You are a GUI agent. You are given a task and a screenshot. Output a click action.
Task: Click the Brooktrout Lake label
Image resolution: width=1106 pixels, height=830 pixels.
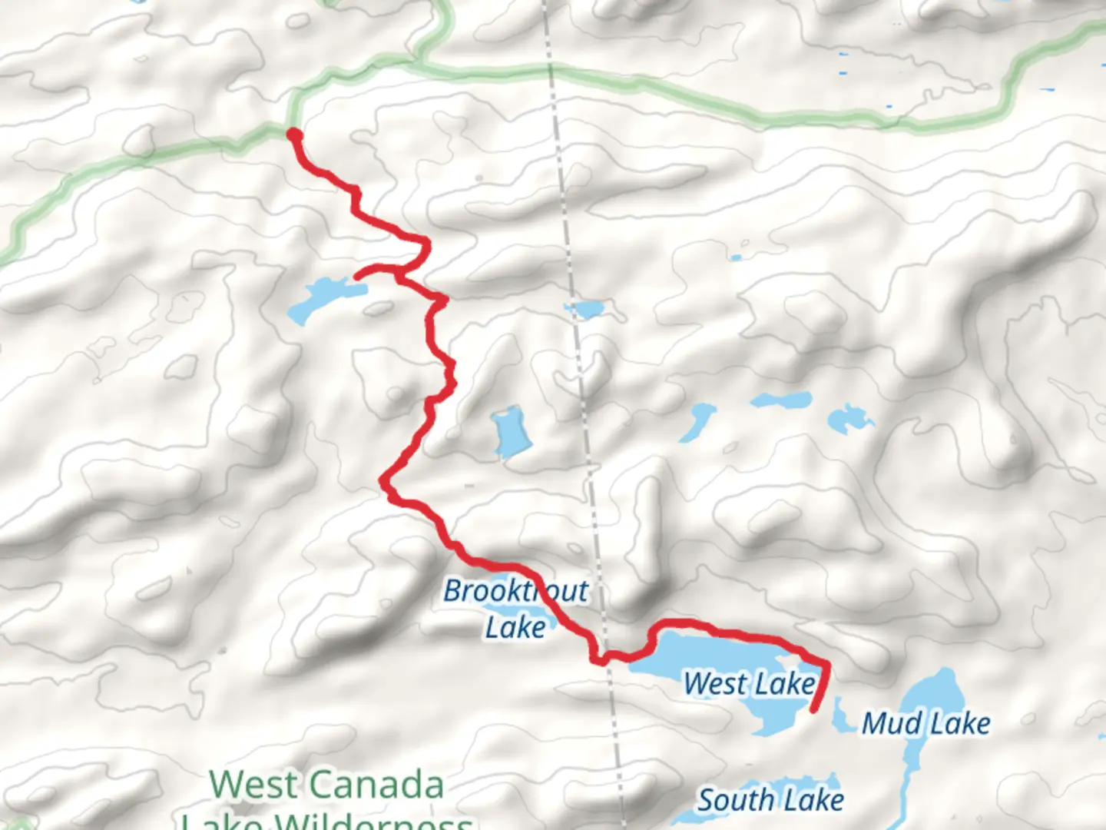[x=516, y=609]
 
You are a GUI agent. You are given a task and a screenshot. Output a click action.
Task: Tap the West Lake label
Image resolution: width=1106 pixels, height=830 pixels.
[x=749, y=683]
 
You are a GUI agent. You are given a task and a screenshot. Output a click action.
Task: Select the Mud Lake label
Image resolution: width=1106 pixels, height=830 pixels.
[x=926, y=723]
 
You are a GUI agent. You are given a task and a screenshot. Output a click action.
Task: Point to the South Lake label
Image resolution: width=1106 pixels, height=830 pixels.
[x=770, y=801]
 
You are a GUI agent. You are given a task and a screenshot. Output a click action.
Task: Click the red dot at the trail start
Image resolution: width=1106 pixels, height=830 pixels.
[x=293, y=136]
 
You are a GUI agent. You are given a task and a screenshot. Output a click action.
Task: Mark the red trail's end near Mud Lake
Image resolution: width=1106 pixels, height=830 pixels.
[x=815, y=709]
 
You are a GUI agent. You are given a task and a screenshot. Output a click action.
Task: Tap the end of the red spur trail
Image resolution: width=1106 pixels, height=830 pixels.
[x=357, y=275]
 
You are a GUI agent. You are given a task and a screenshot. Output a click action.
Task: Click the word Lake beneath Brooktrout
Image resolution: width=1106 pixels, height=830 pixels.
[x=515, y=627]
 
